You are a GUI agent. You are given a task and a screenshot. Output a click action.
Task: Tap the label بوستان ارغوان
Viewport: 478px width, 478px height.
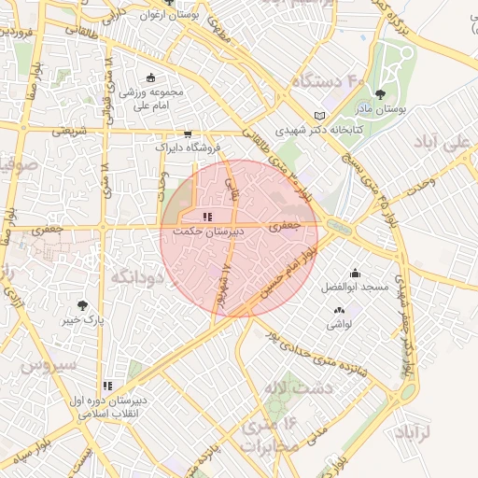(168, 15)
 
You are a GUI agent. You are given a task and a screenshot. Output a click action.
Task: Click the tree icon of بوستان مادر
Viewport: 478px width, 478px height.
(380, 94)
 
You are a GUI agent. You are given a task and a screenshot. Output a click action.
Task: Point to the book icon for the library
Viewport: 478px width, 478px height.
(321, 116)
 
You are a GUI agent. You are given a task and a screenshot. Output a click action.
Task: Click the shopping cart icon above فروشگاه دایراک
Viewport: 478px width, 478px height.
(188, 134)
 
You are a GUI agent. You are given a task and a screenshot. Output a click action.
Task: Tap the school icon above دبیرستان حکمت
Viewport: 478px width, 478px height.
(207, 217)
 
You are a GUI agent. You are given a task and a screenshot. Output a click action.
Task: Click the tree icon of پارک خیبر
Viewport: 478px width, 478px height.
(82, 305)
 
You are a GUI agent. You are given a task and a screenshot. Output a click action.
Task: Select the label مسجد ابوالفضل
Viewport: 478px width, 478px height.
(355, 288)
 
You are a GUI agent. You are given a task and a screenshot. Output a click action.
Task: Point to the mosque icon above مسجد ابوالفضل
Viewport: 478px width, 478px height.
(356, 274)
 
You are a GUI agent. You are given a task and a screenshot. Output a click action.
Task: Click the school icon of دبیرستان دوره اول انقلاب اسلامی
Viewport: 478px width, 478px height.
(107, 385)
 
